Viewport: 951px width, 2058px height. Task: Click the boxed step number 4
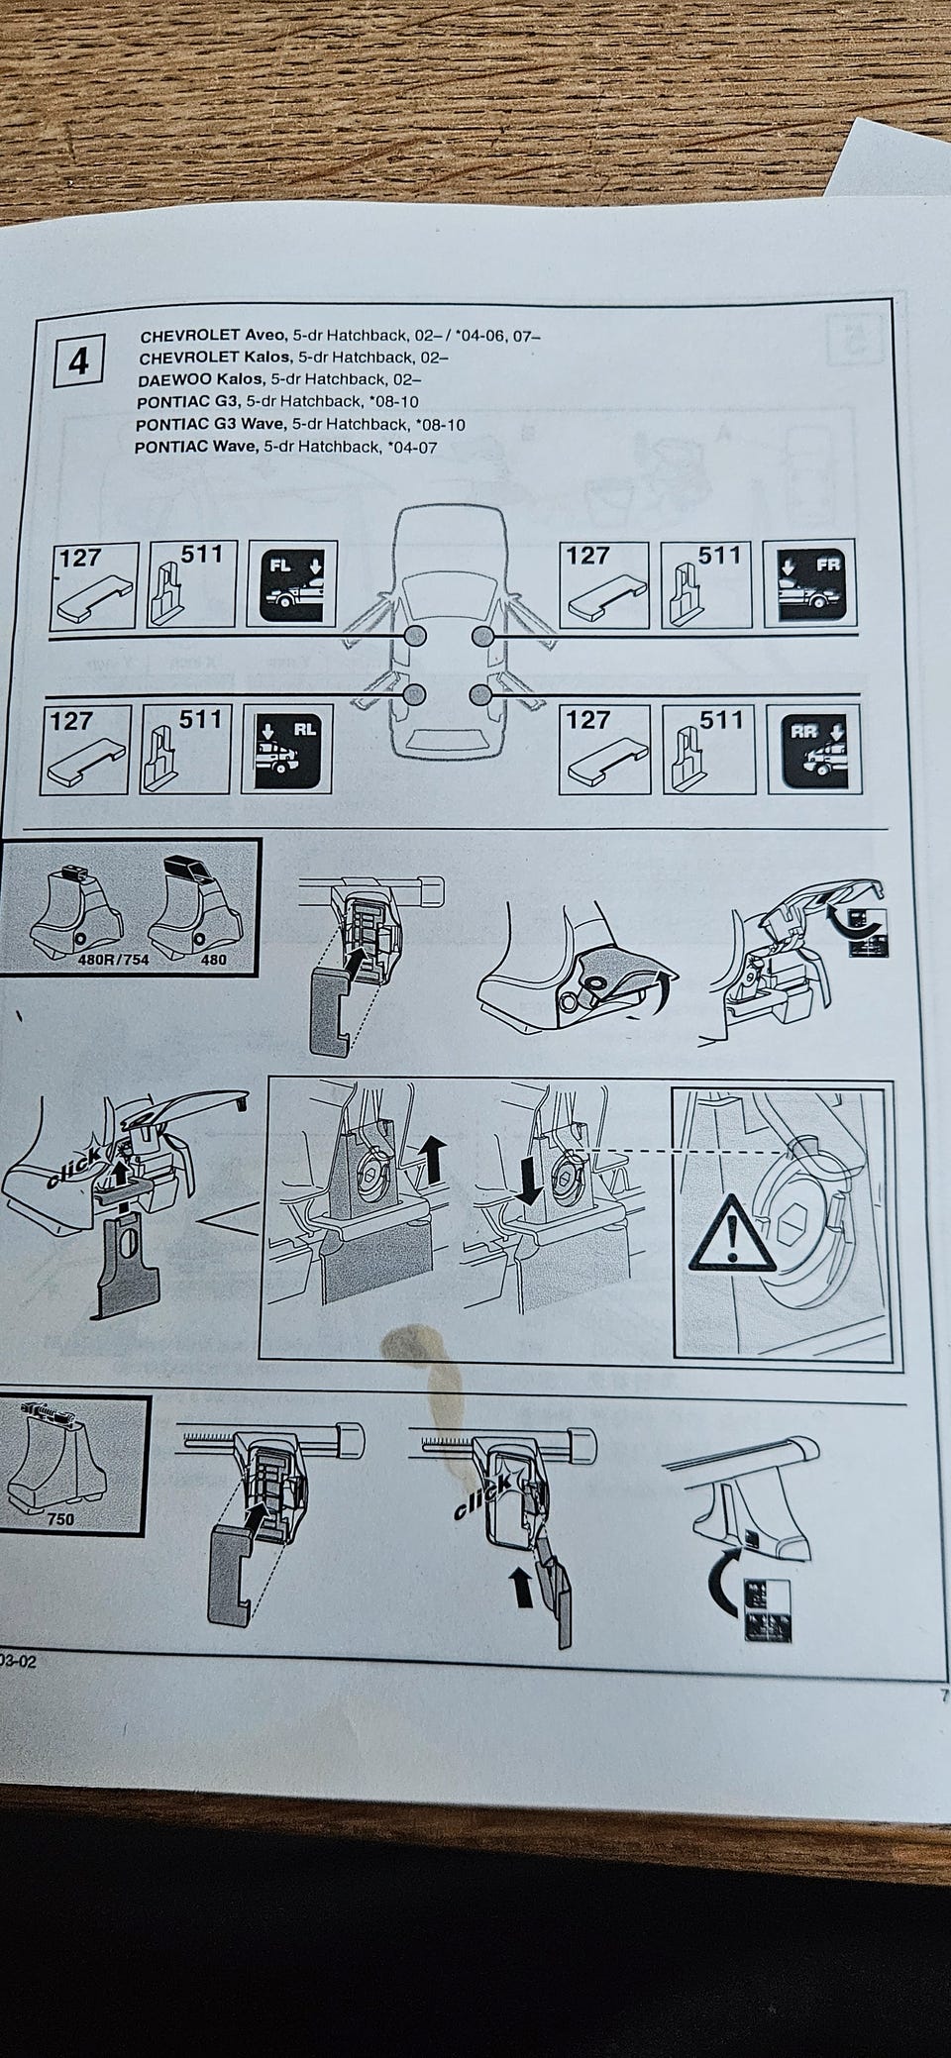coord(78,363)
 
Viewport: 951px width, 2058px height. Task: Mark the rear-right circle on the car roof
coord(481,696)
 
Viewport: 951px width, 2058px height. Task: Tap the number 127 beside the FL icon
coord(79,558)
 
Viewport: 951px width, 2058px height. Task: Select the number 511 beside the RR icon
coord(720,720)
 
